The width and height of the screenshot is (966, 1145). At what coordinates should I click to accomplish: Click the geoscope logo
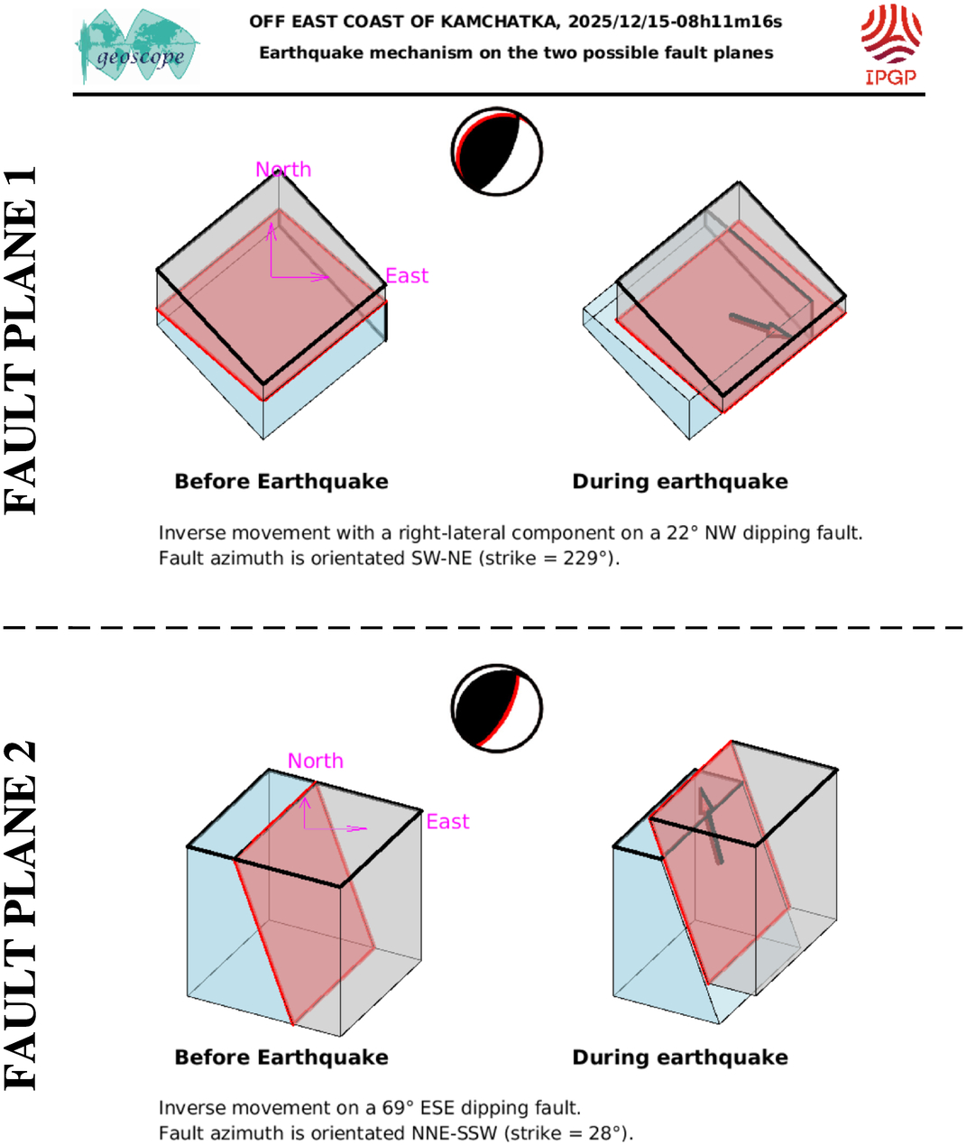click(137, 47)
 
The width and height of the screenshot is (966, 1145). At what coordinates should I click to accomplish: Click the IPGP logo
click(891, 44)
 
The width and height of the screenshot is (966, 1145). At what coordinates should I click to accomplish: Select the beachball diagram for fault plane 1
click(497, 152)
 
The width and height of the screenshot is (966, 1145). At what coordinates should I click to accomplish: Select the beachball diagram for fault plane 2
click(497, 708)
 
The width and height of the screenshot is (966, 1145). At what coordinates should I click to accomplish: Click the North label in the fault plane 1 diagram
click(283, 170)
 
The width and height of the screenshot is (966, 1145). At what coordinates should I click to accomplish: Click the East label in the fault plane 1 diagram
click(407, 276)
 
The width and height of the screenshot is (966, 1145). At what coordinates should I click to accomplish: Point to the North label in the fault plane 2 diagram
click(316, 761)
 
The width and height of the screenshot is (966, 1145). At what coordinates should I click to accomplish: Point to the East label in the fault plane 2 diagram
click(448, 821)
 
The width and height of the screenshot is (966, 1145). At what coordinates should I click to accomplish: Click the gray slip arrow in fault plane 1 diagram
click(761, 327)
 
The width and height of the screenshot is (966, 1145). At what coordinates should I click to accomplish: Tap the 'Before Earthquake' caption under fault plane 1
click(281, 482)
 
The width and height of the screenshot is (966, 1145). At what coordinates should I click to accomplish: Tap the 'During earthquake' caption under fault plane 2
click(680, 1057)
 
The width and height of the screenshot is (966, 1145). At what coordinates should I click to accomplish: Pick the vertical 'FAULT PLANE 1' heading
click(20, 340)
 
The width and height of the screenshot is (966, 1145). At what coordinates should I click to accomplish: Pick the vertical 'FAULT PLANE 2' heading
click(20, 916)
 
